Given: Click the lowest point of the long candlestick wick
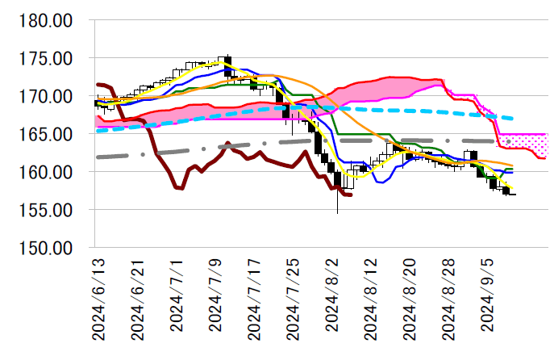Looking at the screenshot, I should click(x=337, y=213).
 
